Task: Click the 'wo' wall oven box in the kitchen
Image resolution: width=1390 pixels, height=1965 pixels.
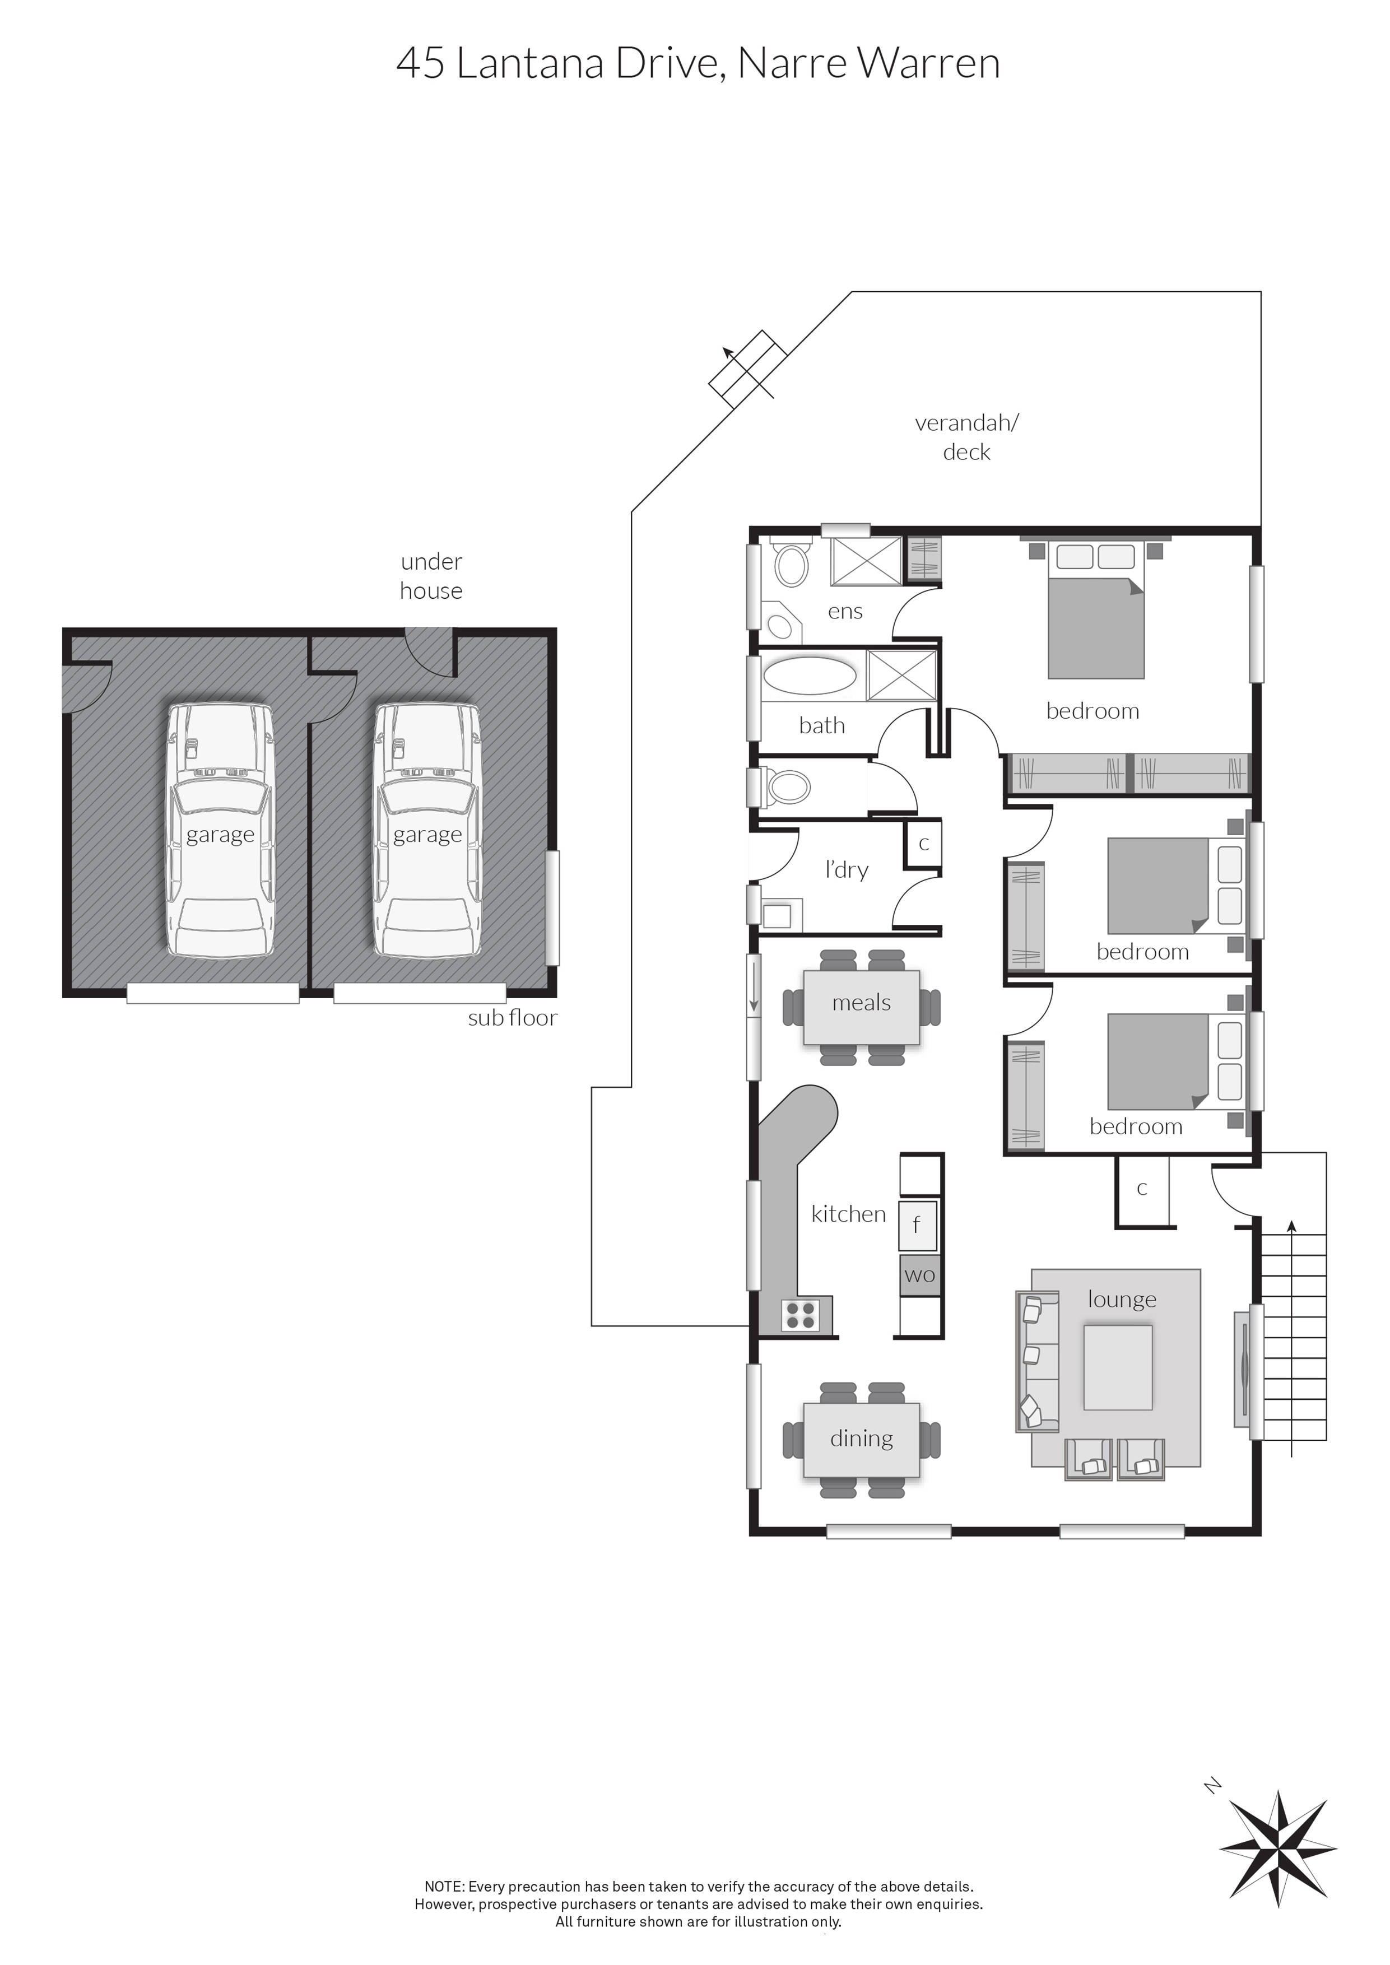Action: [x=919, y=1275]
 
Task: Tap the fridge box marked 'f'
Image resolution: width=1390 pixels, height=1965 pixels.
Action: [x=917, y=1226]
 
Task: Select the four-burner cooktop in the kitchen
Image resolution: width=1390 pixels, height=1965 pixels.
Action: [x=800, y=1315]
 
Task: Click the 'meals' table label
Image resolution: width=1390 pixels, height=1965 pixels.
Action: [x=861, y=1003]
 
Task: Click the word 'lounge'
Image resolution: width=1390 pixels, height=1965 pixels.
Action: [x=1121, y=1299]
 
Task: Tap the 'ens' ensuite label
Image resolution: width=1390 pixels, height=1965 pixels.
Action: [x=845, y=611]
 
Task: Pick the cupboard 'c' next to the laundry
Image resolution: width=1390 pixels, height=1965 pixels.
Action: [x=923, y=844]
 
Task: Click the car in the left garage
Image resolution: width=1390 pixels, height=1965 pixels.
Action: [x=220, y=830]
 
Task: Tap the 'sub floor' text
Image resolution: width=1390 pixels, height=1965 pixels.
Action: [x=512, y=1018]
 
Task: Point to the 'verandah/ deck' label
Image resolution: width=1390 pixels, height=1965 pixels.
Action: [x=966, y=436]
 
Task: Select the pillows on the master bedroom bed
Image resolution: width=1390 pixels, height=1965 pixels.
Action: [x=1095, y=556]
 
